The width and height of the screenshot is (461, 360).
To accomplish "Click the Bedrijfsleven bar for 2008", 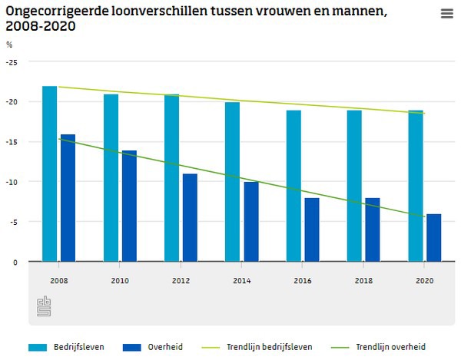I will (50, 174).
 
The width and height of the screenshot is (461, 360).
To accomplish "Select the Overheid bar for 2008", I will (68, 198).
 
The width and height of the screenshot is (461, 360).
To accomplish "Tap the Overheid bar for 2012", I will (190, 218).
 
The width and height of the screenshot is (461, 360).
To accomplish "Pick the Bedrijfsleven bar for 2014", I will (232, 182).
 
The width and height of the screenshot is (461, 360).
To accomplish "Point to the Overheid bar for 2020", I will (434, 238).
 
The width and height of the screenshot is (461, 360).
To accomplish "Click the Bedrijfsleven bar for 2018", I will (354, 186).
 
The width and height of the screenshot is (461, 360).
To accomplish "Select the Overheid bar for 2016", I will (312, 230).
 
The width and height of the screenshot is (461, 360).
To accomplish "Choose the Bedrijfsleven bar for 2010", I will (111, 178).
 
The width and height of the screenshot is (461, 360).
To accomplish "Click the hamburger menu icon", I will (446, 14).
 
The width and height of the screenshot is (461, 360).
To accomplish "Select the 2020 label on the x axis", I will (424, 282).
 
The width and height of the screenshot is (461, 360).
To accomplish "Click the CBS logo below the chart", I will (44, 306).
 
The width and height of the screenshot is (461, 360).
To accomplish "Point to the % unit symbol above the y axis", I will (9, 45).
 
